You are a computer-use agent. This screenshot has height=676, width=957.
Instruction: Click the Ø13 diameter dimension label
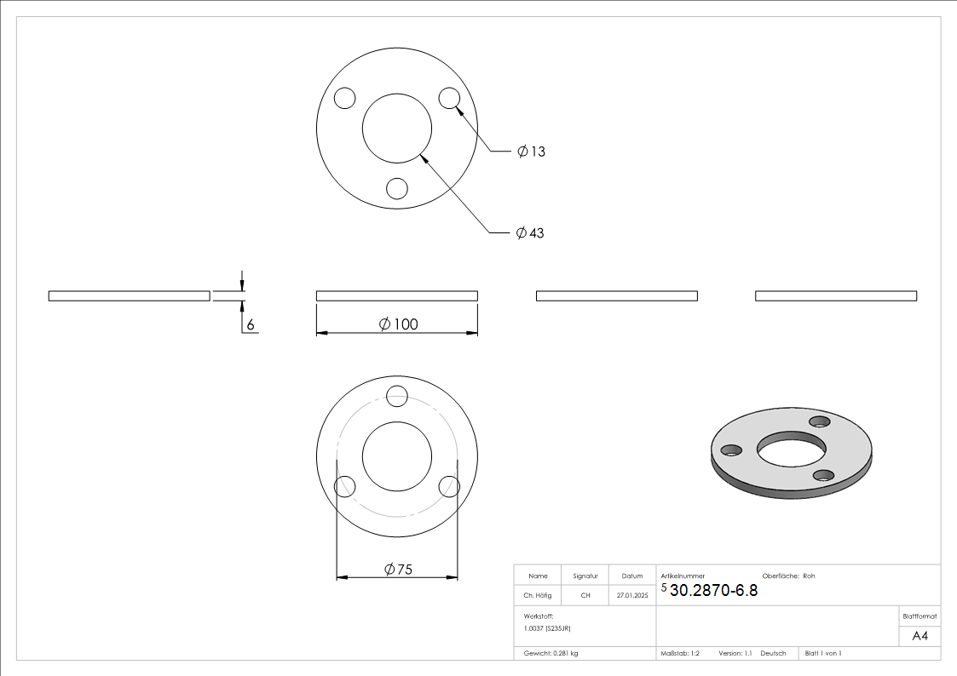click(x=531, y=152)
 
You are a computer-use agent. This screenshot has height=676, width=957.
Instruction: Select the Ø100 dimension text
click(x=398, y=324)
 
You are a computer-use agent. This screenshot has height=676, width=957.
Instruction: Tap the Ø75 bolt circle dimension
click(x=398, y=570)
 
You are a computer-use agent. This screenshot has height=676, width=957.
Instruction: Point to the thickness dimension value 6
click(x=251, y=324)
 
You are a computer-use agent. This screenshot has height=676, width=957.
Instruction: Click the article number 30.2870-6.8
click(x=713, y=590)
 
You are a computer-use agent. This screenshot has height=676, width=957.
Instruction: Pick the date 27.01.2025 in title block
click(x=632, y=596)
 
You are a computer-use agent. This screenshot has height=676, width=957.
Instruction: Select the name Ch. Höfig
click(x=539, y=596)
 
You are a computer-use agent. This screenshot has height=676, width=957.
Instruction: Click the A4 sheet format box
click(x=920, y=636)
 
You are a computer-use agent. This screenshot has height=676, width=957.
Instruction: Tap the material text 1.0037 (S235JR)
click(x=547, y=627)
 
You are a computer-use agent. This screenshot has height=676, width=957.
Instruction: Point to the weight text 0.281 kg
click(x=551, y=653)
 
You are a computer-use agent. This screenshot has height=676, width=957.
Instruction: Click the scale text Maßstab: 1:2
click(x=680, y=653)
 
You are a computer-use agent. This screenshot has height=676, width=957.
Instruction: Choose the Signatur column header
click(x=585, y=576)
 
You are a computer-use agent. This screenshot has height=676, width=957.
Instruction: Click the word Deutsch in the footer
click(x=773, y=653)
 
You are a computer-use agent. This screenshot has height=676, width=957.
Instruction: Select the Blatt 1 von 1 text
click(x=823, y=653)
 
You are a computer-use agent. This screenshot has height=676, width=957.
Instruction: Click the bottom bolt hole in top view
click(x=397, y=188)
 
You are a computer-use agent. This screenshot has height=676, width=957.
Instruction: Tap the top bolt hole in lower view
click(x=397, y=396)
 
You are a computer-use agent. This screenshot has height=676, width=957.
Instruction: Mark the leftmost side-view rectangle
click(x=129, y=295)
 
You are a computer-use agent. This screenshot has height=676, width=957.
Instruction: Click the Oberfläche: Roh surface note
click(x=788, y=576)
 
